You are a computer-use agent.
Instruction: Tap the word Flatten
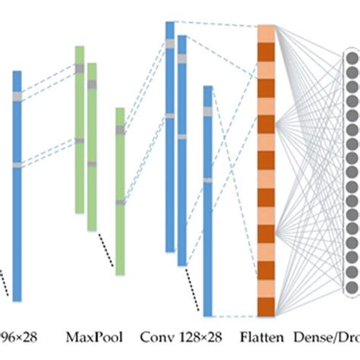[263, 336]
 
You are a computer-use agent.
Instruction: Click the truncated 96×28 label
[19, 336]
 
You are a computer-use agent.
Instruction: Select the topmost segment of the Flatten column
[266, 33]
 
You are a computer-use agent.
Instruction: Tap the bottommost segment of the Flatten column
[266, 307]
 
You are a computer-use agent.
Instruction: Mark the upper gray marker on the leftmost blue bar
[17, 96]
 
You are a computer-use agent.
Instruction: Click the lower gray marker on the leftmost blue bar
[17, 165]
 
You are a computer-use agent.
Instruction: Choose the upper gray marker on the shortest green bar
[120, 130]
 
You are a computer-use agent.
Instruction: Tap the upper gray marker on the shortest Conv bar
[207, 112]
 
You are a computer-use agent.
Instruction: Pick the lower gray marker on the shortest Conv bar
[207, 180]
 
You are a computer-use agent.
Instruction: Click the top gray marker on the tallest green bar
[79, 68]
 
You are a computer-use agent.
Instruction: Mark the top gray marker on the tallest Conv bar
[170, 43]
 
